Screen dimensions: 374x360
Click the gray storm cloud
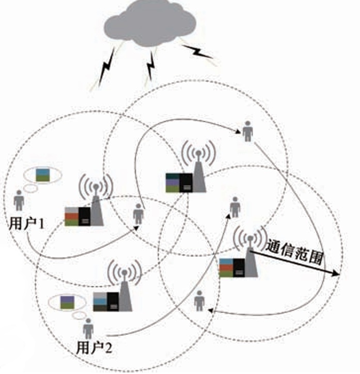pyautogui.click(x=150, y=23)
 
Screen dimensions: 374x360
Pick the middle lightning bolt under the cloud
pyautogui.click(x=151, y=64)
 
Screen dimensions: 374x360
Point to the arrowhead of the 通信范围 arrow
pyautogui.click(x=338, y=274)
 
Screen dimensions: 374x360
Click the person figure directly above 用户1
pyautogui.click(x=19, y=200)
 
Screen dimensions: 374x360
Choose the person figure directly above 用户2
pyautogui.click(x=88, y=328)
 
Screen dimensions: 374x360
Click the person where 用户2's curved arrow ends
pyautogui.click(x=234, y=207)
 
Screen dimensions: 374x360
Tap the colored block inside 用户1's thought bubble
pyautogui.click(x=43, y=175)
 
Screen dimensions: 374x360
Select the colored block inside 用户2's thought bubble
pyautogui.click(x=67, y=302)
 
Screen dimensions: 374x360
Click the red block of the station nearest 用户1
pyautogui.click(x=71, y=216)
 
